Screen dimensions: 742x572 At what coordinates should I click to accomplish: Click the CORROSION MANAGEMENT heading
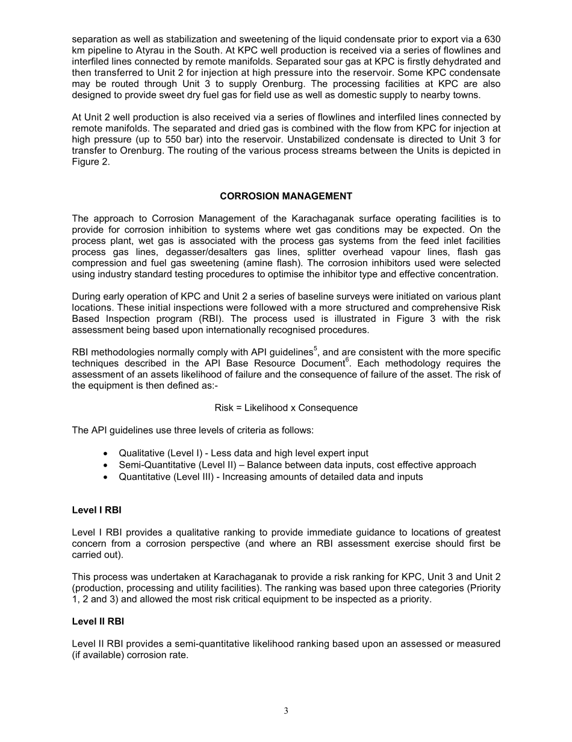coord(286,197)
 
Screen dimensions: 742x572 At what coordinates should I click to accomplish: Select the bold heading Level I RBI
coord(96,510)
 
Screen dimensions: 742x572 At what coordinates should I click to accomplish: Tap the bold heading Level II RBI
coord(98,621)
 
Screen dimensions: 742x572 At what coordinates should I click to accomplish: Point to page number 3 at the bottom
coord(286,711)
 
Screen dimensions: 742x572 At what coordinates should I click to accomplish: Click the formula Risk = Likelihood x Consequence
coord(286,408)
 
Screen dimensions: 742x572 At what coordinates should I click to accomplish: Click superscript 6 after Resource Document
coord(347,360)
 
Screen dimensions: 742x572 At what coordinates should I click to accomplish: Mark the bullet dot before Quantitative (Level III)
coord(106,477)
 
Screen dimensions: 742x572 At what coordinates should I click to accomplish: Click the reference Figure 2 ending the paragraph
coord(90,162)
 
